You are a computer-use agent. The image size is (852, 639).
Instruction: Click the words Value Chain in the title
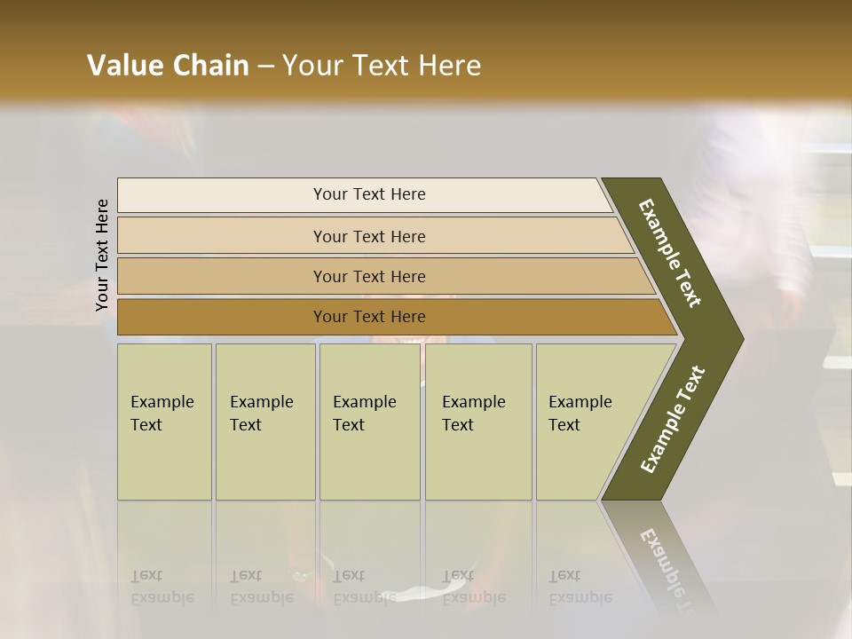168,66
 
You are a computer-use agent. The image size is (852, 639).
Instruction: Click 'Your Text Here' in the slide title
382,66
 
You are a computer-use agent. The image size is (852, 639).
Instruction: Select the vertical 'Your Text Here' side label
102,255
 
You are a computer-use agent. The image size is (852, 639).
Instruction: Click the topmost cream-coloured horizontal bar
222,195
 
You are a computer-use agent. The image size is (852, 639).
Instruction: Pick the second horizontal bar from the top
222,236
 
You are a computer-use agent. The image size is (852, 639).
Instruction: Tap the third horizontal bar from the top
222,276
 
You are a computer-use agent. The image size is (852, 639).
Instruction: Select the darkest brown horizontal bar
222,317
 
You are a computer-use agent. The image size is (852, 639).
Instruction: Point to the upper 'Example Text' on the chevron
670,253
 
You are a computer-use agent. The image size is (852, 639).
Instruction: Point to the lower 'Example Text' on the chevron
672,419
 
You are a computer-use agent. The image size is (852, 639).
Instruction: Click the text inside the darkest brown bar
369,317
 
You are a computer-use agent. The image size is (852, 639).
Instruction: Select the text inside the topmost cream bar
369,194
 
